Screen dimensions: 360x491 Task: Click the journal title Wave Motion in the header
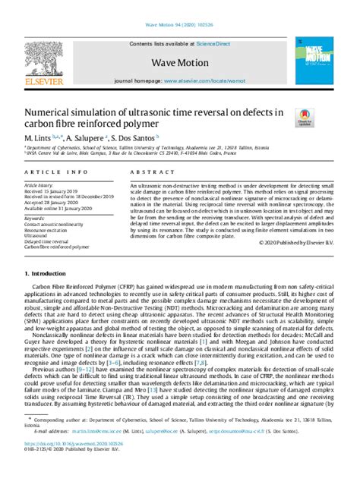179,63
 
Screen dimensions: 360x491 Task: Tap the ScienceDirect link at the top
215,45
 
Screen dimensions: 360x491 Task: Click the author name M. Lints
37,138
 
